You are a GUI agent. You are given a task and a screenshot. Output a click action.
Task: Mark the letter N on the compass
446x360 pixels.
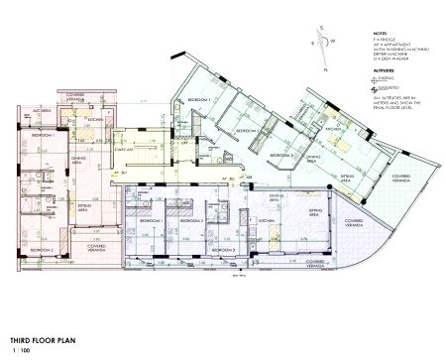point(324,71)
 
